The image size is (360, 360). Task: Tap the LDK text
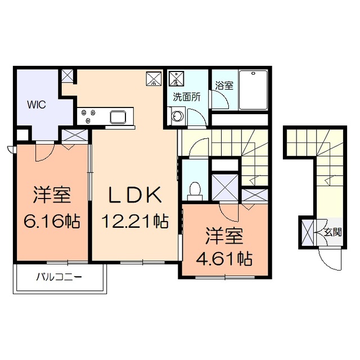tap(135, 195)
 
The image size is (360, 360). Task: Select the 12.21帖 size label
tap(135, 221)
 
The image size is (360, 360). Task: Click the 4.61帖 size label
tap(223, 259)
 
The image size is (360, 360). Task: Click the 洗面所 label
tap(186, 96)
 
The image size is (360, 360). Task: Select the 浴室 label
tap(224, 86)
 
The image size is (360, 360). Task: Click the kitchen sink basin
tap(119, 117)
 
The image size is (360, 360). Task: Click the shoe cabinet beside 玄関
tap(307, 232)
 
